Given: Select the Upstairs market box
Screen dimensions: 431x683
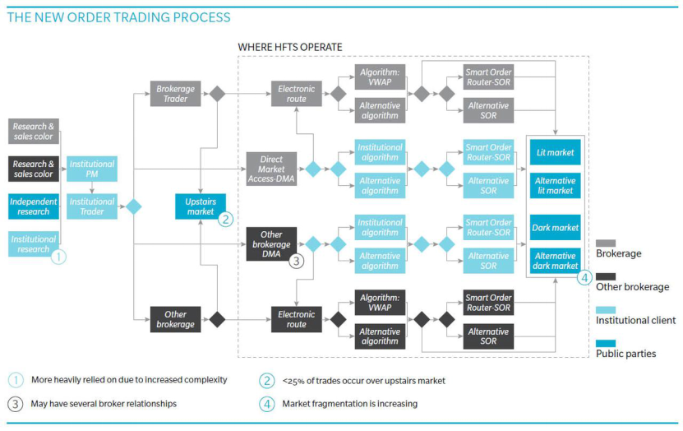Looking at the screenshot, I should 200,206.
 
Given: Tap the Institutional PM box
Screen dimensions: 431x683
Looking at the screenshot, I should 91,169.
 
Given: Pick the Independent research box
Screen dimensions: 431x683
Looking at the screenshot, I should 34,206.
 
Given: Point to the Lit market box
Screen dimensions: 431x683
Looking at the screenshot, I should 555,152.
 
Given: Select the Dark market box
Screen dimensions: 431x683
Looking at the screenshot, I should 555,227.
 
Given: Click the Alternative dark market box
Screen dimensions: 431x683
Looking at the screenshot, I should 555,260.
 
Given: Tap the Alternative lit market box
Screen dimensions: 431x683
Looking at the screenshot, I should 555,185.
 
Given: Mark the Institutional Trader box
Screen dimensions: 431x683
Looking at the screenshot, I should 91,206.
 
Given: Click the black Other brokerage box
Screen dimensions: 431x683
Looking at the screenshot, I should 173,318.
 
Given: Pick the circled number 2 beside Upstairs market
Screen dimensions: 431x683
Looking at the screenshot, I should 225,219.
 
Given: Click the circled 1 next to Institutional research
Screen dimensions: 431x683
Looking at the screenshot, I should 58,257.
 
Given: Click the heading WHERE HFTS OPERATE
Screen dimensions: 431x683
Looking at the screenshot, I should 290,47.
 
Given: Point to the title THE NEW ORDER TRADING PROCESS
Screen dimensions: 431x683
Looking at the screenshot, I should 119,17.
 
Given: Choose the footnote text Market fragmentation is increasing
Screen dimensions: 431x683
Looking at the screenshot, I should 350,403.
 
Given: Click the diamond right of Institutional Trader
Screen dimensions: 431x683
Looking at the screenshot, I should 133,206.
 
